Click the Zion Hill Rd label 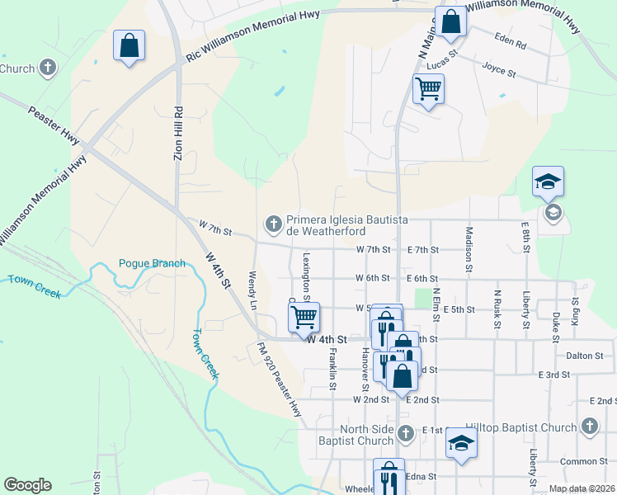(x=177, y=134)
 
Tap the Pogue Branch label (x=152, y=263)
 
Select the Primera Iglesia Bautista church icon (x=273, y=224)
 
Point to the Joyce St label (x=498, y=72)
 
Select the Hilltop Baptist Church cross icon (x=588, y=426)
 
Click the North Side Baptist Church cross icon (x=405, y=432)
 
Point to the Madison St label (x=469, y=248)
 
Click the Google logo (x=27, y=485)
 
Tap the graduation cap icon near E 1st (x=460, y=443)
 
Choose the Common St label (x=583, y=461)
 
